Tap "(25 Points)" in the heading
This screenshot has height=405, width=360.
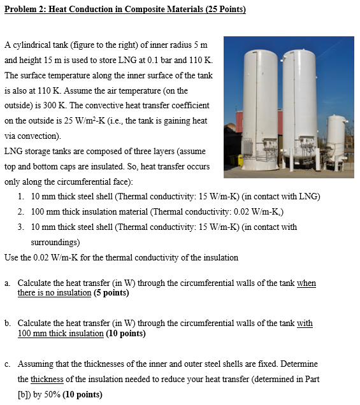point(223,10)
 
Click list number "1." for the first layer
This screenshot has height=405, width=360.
point(22,196)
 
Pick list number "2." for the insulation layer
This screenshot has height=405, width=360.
point(22,211)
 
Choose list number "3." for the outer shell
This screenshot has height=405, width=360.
point(22,227)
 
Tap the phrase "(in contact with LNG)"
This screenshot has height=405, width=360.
point(278,196)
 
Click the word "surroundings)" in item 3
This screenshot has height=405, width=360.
point(55,242)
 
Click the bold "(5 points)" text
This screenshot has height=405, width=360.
point(111,294)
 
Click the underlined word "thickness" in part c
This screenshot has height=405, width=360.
point(47,380)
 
